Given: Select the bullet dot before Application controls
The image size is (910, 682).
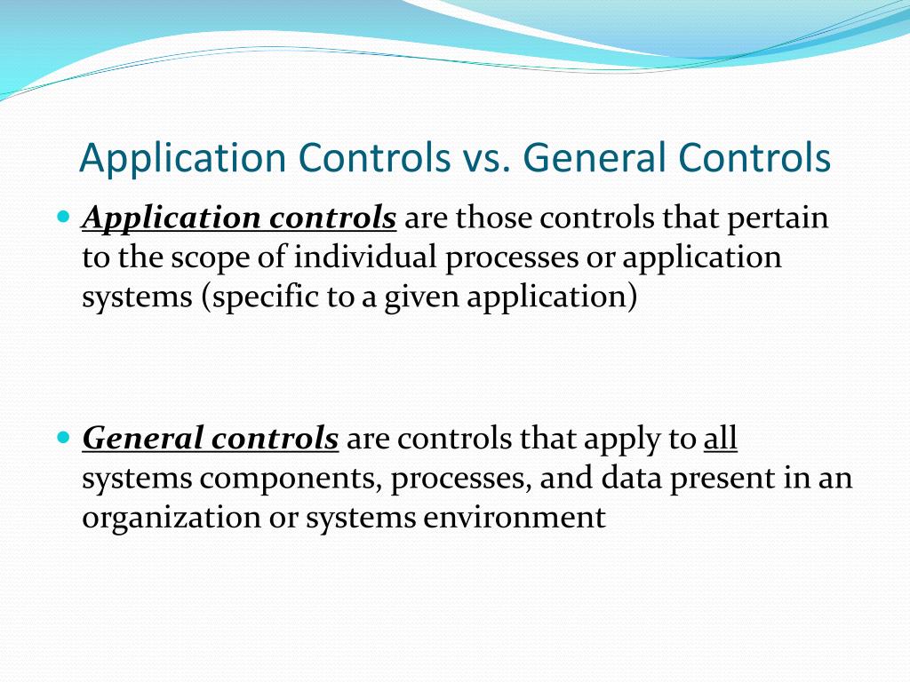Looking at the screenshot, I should pos(62,217).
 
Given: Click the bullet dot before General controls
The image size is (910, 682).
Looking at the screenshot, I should pos(62,438).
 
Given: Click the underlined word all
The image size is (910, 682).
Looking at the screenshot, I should pos(721,439).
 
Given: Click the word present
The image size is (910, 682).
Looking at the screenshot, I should pos(722,479).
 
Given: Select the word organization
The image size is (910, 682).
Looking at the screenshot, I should pos(171,519).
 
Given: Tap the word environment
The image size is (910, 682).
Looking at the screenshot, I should pos(515,518).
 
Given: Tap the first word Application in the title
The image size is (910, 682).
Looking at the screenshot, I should pos(182,159).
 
